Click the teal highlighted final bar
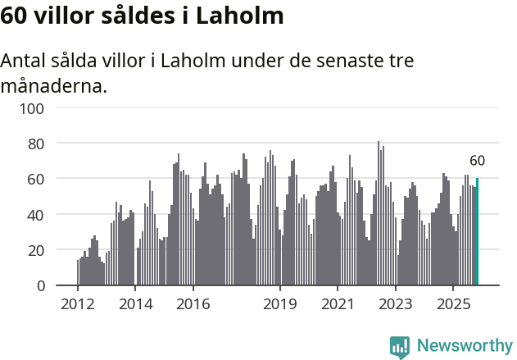(x=477, y=232)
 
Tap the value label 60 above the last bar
(x=477, y=161)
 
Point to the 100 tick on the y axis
(x=32, y=108)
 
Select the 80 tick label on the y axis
(x=35, y=144)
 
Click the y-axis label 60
(x=35, y=179)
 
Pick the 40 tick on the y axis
(x=35, y=215)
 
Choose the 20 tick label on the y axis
(x=35, y=250)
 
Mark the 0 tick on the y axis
(x=39, y=285)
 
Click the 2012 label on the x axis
(x=78, y=305)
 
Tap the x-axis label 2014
(x=135, y=305)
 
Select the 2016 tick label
(x=193, y=305)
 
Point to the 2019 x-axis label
(x=279, y=305)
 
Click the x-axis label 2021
(x=337, y=305)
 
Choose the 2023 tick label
(x=395, y=305)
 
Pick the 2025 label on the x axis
(x=452, y=305)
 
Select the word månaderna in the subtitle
(x=54, y=84)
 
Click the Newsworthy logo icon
(x=400, y=347)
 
